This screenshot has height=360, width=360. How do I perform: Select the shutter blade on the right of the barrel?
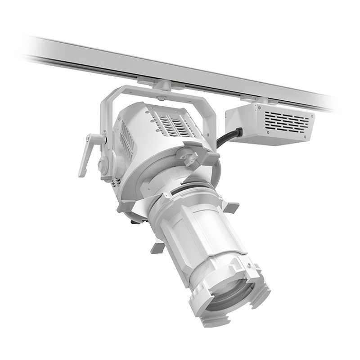(x=231, y=207)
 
